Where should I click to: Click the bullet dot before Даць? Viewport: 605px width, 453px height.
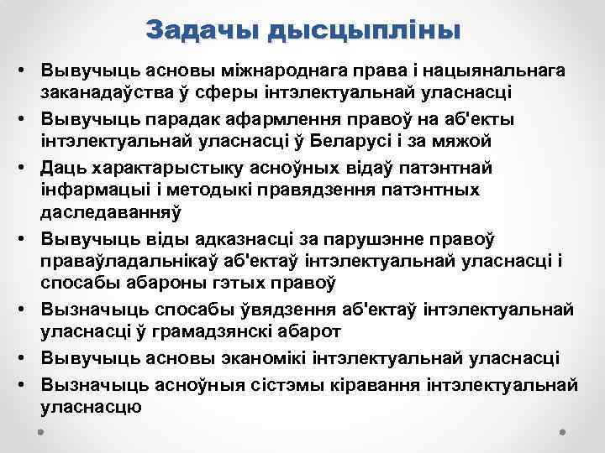[28, 168]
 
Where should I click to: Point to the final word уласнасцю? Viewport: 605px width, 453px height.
[92, 408]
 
